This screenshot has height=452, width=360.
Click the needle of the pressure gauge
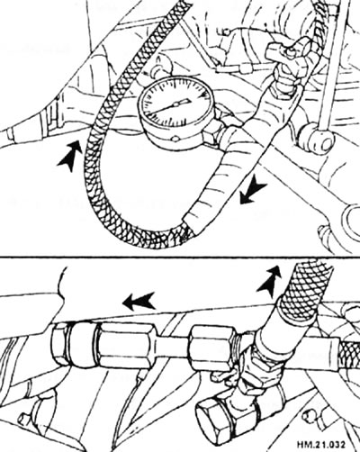tap(170, 106)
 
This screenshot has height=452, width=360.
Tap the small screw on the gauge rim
tap(175, 139)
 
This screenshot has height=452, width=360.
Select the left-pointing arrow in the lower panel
tap(139, 301)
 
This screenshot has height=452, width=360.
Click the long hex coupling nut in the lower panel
tap(125, 348)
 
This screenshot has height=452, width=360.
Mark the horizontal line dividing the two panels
tap(180, 257)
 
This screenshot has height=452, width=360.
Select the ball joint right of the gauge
tap(316, 139)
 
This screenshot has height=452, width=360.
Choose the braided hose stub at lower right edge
tap(348, 350)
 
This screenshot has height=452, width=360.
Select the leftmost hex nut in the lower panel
tap(60, 345)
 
